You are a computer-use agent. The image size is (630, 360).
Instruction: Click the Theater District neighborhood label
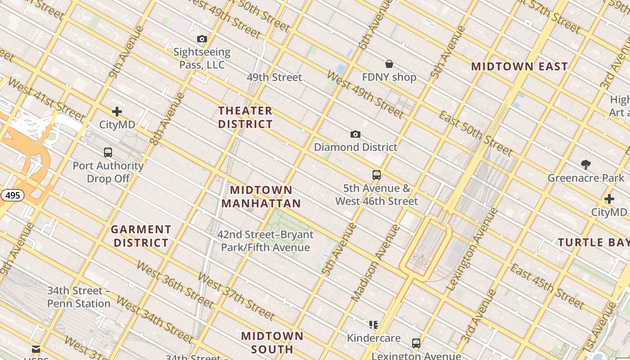[246, 117]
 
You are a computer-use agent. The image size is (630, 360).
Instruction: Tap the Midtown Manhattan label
[261, 197]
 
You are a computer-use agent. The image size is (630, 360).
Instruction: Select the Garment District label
[141, 236]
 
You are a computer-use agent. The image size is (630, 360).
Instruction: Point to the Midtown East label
[520, 67]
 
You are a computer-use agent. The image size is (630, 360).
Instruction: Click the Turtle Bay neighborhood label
[594, 243]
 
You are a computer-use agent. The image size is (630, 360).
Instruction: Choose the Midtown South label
[272, 342]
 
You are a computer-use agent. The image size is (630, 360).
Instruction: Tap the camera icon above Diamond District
[355, 134]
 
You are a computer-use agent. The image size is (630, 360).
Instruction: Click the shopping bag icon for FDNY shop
[389, 64]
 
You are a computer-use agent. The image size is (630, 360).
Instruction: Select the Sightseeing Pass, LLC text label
[202, 58]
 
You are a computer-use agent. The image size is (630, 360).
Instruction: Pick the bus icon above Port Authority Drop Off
[108, 153]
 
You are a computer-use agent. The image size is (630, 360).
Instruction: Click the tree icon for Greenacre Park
[586, 165]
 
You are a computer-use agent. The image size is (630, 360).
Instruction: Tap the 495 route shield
[12, 195]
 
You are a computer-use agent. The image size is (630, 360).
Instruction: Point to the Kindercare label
[373, 337]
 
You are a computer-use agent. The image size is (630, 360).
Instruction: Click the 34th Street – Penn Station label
[79, 297]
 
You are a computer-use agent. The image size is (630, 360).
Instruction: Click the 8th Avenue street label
[167, 119]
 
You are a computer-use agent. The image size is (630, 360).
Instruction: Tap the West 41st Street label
[46, 100]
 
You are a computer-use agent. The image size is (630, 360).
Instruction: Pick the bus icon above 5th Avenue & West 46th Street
[377, 175]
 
